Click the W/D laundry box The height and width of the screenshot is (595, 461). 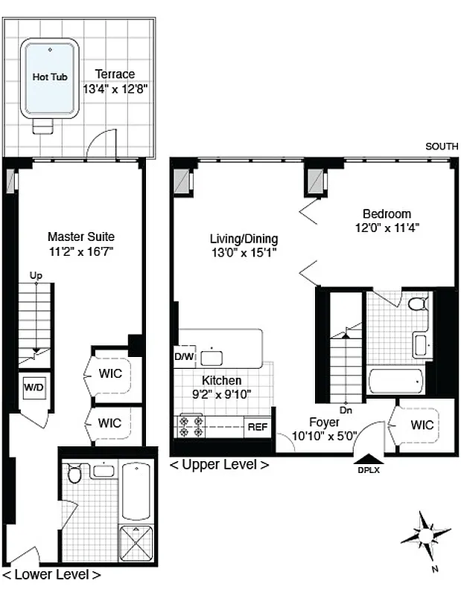click(x=34, y=387)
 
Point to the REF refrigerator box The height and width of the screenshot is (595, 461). click(x=257, y=427)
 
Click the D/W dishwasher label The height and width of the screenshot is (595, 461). click(x=183, y=356)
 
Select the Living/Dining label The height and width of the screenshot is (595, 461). click(x=244, y=239)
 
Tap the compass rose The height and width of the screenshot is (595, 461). click(x=425, y=534)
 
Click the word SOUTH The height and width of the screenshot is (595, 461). click(x=441, y=147)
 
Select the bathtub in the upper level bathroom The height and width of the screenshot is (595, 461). click(x=399, y=382)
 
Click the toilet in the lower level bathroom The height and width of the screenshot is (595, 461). click(x=74, y=475)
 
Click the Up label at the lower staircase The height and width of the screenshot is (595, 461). click(x=36, y=276)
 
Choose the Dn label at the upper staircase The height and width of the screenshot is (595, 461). click(x=345, y=408)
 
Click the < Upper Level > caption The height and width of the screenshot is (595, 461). click(x=219, y=466)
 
